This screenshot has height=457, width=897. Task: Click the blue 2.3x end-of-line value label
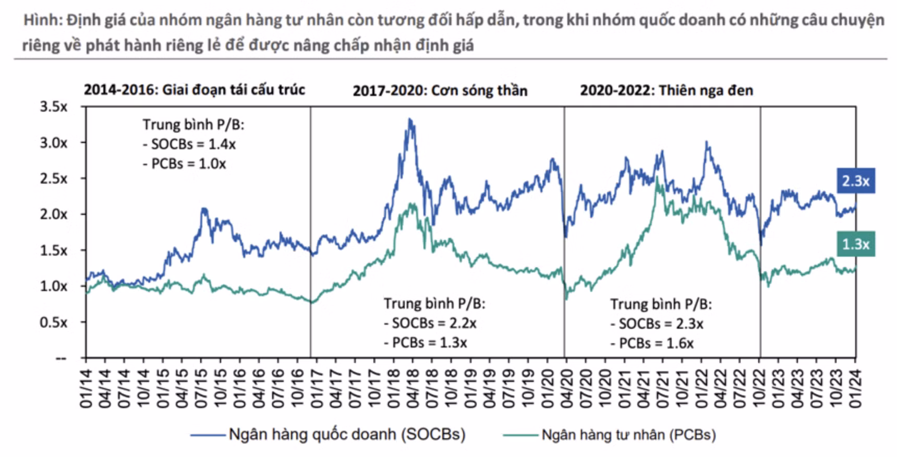[x=856, y=181]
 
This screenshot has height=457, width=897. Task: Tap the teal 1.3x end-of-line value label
[x=856, y=244]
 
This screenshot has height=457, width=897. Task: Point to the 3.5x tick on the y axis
[x=54, y=107]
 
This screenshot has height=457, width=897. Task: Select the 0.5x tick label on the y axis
[x=54, y=322]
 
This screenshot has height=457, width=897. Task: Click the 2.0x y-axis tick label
[x=54, y=214]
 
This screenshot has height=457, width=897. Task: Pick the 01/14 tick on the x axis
[x=86, y=389]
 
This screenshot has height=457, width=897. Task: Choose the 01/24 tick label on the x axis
[x=855, y=389]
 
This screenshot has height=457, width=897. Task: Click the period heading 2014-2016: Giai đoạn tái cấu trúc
[x=194, y=90]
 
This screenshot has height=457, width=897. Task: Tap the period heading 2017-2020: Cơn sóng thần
[x=440, y=91]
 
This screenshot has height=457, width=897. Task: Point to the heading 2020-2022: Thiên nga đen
[x=666, y=91]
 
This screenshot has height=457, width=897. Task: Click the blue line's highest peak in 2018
[x=410, y=120]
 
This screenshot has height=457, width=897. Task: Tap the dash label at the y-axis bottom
[x=61, y=358]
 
